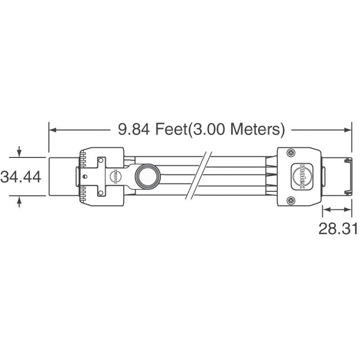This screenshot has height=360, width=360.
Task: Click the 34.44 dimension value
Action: pos(21,177)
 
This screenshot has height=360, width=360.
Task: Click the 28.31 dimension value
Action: pos(338,228)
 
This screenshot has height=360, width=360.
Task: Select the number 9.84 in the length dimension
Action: pos(134,129)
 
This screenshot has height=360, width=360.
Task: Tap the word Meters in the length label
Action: pos(255,129)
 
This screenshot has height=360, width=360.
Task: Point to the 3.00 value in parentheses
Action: pos(209,129)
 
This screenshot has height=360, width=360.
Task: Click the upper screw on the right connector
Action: pos(291,152)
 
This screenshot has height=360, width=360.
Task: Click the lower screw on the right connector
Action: pos(291,201)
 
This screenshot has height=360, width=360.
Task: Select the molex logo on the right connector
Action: pos(302,177)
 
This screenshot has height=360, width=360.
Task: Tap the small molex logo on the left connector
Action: pos(115,177)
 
